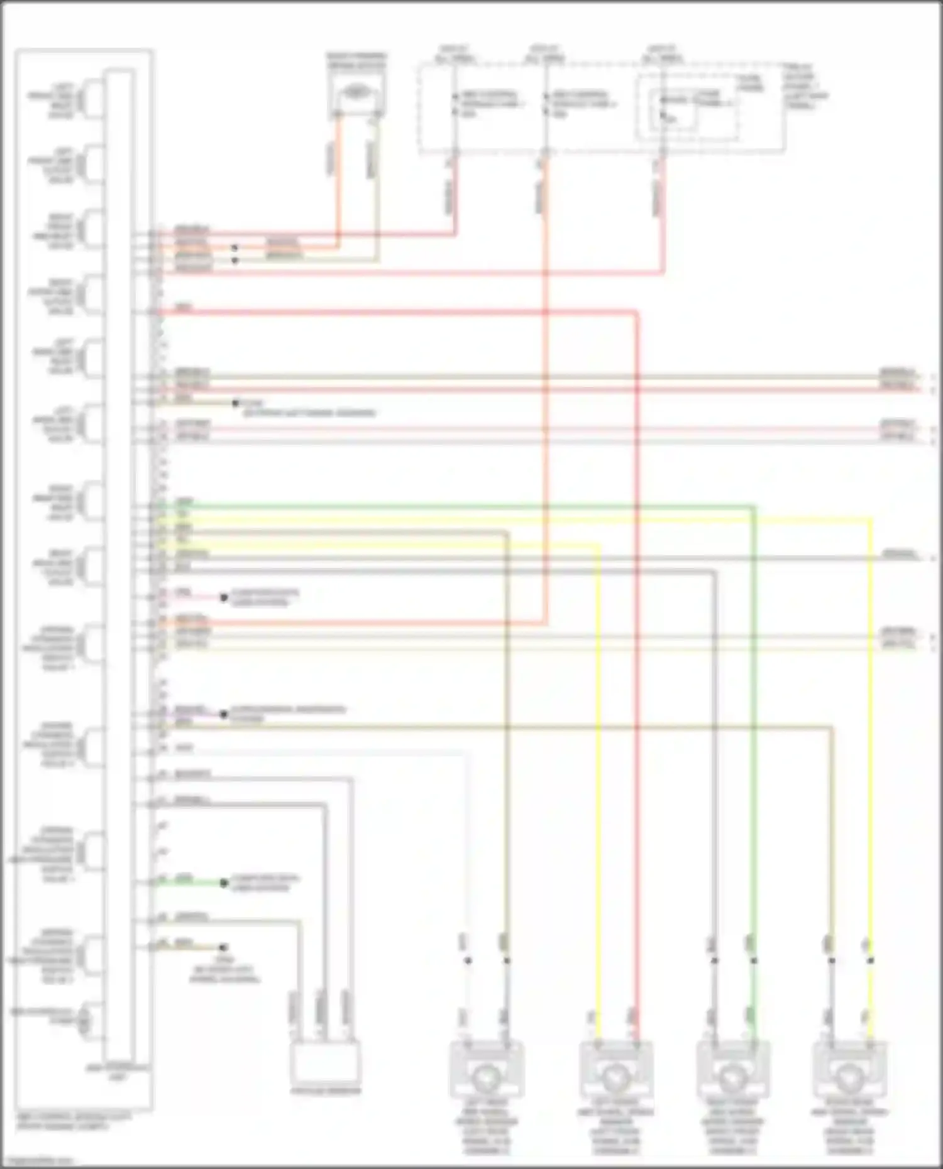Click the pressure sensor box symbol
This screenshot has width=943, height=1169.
click(325, 1061)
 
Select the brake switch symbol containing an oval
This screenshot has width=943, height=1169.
click(356, 94)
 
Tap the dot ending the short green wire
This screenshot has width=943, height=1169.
click(223, 883)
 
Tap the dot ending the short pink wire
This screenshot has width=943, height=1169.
click(223, 597)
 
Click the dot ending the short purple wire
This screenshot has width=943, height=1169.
click(223, 714)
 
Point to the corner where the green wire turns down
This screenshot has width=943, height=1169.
click(753, 506)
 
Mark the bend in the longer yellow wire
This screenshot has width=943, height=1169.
click(871, 519)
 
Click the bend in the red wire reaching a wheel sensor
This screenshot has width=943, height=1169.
click(636, 312)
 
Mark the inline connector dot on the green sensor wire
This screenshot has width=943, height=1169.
click(753, 960)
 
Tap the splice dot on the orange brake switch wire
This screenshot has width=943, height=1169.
click(234, 247)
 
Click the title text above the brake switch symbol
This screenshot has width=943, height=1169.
click(356, 60)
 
